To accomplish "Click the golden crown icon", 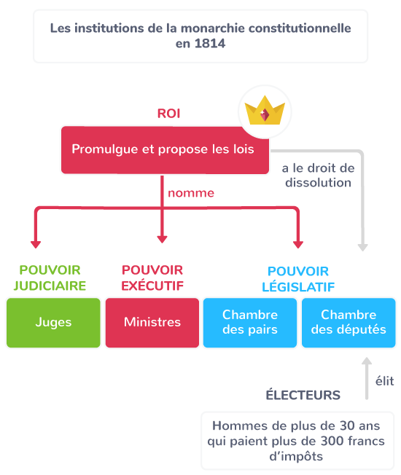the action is pyautogui.click(x=265, y=111).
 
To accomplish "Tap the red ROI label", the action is pyautogui.click(x=168, y=114).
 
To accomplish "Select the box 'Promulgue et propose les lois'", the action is pyautogui.click(x=165, y=150).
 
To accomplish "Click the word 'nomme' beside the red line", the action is pyautogui.click(x=191, y=193).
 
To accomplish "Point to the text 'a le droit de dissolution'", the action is pyautogui.click(x=318, y=176).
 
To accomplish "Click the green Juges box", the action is pyautogui.click(x=53, y=323).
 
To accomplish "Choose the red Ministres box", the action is pyautogui.click(x=152, y=323).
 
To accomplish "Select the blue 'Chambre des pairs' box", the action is pyautogui.click(x=250, y=323).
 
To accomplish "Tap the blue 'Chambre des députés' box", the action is pyautogui.click(x=349, y=323).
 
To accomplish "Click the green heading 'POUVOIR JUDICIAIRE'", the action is pyautogui.click(x=50, y=278).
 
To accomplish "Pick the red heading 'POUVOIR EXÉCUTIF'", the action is pyautogui.click(x=152, y=278).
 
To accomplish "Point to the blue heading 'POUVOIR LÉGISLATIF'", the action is pyautogui.click(x=298, y=279).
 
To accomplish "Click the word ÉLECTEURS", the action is pyautogui.click(x=303, y=395).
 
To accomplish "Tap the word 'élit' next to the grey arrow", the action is pyautogui.click(x=385, y=381).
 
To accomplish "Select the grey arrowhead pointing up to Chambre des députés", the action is pyautogui.click(x=367, y=361).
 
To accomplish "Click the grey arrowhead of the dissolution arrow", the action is pyautogui.click(x=363, y=248).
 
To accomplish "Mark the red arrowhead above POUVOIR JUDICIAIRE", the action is pyautogui.click(x=36, y=245).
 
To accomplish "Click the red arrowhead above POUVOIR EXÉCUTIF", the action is pyautogui.click(x=162, y=239).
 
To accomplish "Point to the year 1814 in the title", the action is pyautogui.click(x=210, y=44).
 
